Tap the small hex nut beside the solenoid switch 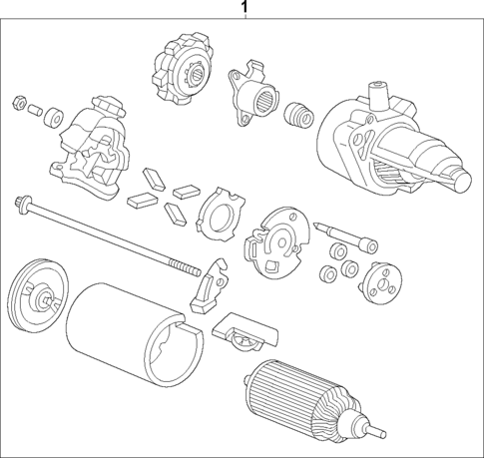[18, 100]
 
